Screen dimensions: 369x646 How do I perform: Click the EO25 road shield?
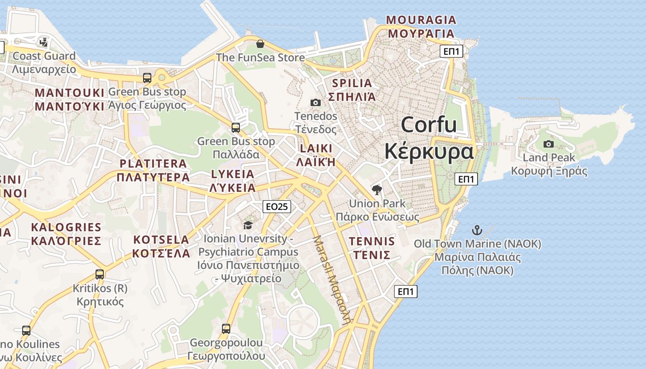[277, 207]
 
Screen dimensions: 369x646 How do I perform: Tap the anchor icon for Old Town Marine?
[477, 230]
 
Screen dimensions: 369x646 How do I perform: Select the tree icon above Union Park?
[377, 190]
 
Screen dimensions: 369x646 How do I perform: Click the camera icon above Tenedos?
[316, 102]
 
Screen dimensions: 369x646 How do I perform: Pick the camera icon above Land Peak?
[549, 144]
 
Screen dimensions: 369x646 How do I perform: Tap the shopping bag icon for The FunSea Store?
[260, 44]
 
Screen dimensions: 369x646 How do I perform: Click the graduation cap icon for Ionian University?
[248, 225]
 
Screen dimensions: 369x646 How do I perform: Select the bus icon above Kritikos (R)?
[100, 274]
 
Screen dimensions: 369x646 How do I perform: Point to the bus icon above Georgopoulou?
[226, 329]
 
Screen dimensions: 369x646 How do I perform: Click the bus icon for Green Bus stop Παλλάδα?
[236, 127]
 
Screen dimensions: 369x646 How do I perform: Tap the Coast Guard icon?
[44, 42]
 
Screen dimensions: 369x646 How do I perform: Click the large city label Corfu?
[429, 125]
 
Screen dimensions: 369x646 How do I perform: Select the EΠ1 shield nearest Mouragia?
[451, 51]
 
